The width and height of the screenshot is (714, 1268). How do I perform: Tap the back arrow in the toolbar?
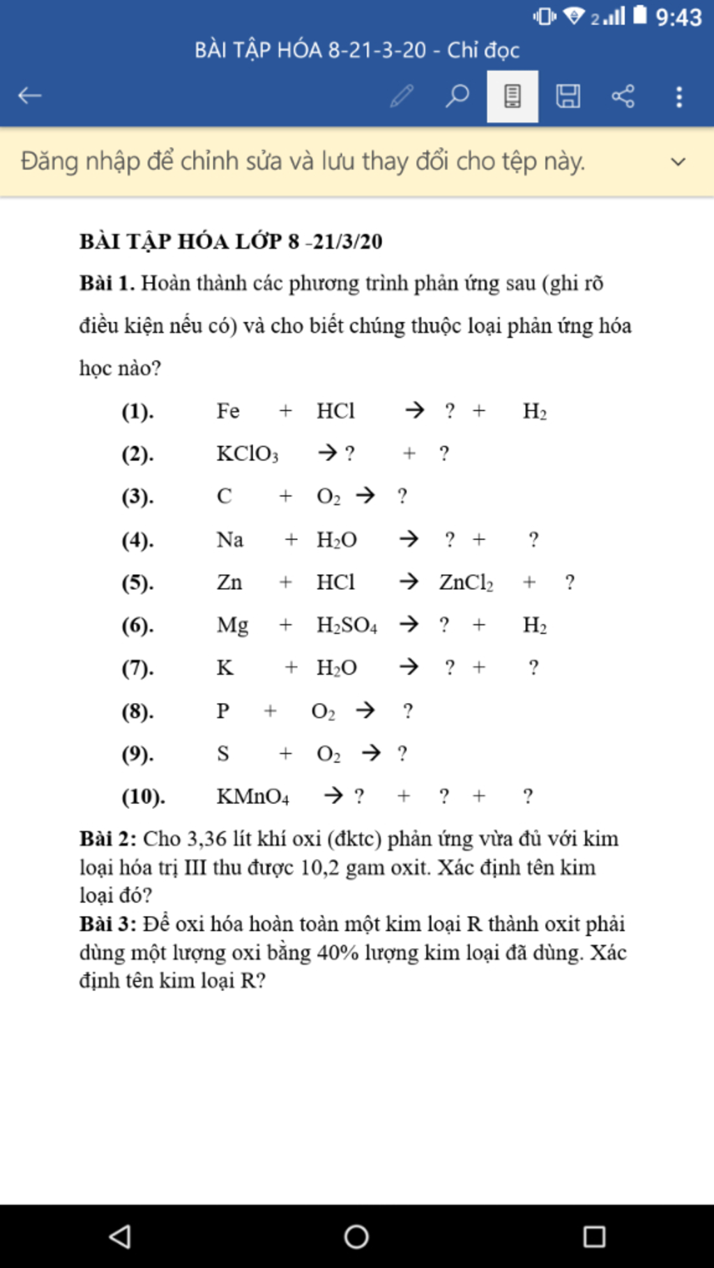pos(30,95)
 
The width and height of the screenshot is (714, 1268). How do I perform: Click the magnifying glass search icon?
pos(457,95)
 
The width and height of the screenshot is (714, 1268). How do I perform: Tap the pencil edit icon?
pos(402,96)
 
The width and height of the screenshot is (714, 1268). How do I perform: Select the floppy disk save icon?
pos(568,96)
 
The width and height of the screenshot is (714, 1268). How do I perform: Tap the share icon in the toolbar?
pos(623,96)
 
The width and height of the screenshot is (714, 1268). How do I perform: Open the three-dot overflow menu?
pos(678,96)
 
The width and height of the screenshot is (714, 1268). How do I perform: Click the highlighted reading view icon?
pos(512,96)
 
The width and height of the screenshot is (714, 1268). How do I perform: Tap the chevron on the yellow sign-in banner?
pos(678,162)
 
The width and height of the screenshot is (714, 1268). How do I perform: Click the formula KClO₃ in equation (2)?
pos(247,454)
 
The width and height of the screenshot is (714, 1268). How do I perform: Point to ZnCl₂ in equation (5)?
pos(466,582)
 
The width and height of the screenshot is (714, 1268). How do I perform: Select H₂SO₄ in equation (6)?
pos(347,625)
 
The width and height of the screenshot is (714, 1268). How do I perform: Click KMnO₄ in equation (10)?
pos(252,796)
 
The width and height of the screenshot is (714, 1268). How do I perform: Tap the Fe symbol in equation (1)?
pos(228,411)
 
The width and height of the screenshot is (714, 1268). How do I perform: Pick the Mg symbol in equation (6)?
pos(232,625)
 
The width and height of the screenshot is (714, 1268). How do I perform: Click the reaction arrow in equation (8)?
pos(365,711)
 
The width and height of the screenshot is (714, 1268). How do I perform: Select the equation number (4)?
pos(137,540)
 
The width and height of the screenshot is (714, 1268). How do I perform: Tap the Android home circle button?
pos(356,1237)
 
